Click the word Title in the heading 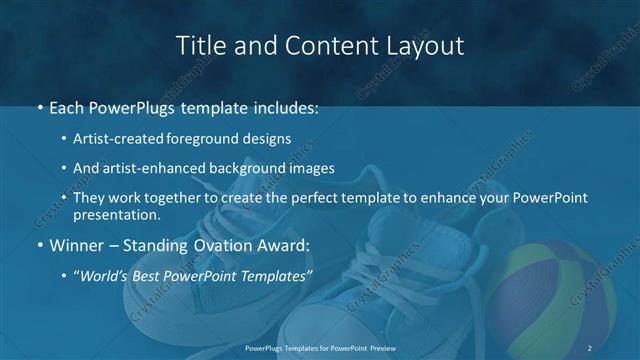198,46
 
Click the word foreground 208,140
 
